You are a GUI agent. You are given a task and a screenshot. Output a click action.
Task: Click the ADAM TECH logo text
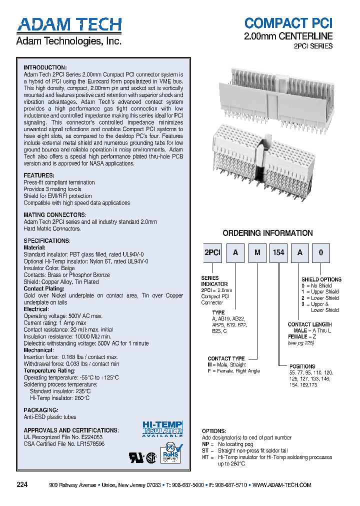click(x=69, y=25)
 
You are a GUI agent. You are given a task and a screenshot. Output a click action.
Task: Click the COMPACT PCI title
click(x=288, y=23)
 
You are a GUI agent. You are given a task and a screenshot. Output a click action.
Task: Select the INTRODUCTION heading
click(x=45, y=67)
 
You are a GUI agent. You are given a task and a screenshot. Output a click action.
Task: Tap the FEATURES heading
click(x=39, y=175)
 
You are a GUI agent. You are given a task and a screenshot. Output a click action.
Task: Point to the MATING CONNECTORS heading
click(x=55, y=215)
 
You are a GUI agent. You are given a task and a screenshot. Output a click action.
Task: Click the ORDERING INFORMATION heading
click(x=267, y=233)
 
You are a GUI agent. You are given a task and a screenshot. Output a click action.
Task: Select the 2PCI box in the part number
click(x=212, y=253)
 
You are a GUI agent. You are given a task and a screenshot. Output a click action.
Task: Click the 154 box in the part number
click(x=278, y=253)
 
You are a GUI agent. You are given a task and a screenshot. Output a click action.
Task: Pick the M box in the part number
click(x=257, y=253)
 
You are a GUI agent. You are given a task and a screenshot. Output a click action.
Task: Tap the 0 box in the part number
click(x=321, y=253)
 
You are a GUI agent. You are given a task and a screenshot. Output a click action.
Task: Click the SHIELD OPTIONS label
click(x=321, y=279)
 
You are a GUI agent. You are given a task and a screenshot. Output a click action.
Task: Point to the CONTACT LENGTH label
click(x=309, y=324)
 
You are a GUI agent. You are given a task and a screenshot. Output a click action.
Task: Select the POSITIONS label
click(x=302, y=366)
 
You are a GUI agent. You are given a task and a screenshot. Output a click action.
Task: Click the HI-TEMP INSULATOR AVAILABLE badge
click(x=162, y=428)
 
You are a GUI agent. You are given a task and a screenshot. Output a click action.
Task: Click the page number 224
click(x=22, y=485)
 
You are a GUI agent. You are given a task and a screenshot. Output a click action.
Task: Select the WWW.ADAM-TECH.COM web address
click(x=282, y=485)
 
